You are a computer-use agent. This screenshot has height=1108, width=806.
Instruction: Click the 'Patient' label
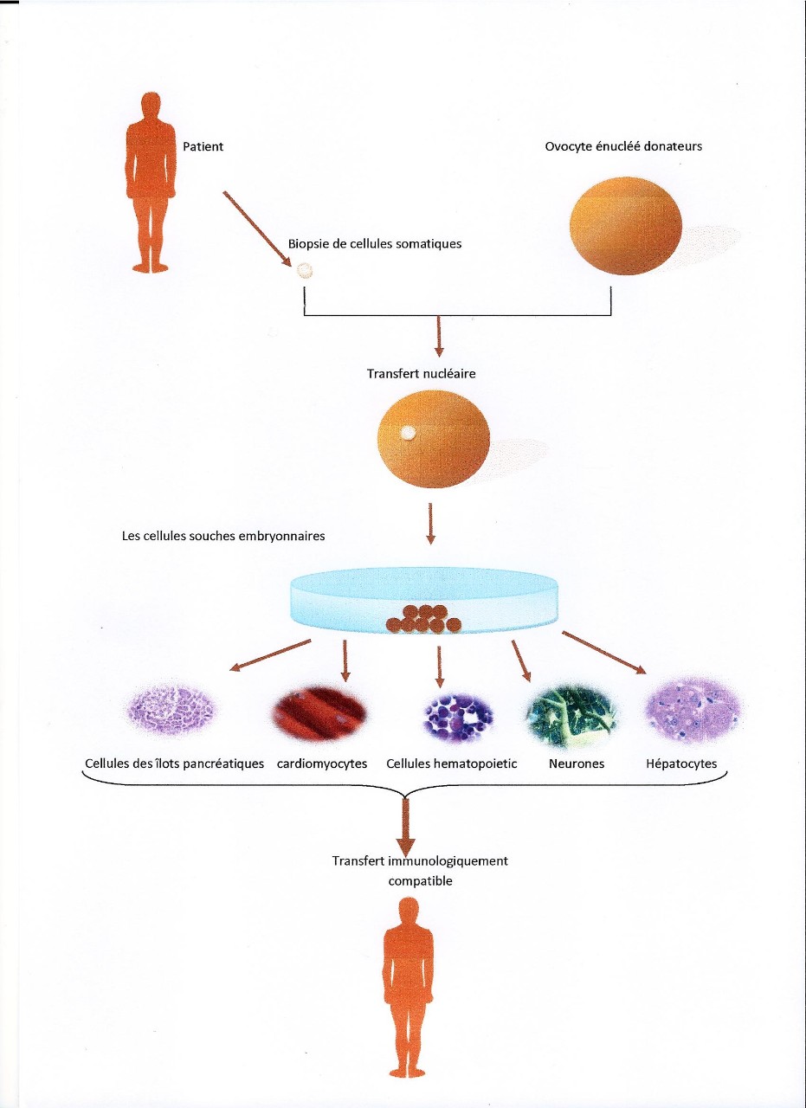coord(203,146)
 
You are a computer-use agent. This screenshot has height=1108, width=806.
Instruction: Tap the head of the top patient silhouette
coord(152,105)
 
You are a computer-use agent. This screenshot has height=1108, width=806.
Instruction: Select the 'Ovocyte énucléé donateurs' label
coord(623,146)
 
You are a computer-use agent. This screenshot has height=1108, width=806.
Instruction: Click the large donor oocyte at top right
coord(627,226)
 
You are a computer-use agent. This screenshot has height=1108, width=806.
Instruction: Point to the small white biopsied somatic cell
coord(305,271)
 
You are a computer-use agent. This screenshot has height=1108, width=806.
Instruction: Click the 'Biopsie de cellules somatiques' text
coord(375,244)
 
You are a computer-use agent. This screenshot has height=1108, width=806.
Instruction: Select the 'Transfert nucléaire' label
coord(421,375)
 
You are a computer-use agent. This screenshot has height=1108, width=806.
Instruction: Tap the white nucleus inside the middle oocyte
coord(407,433)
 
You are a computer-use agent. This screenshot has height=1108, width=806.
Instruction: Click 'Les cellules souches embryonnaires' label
coord(223,536)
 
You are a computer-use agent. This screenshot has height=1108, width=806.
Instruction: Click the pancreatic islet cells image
coord(171,715)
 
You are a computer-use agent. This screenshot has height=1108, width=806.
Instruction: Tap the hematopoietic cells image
coord(458,717)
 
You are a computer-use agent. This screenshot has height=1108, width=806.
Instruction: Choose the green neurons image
coord(572,717)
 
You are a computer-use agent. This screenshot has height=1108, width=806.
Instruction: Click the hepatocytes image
coord(692,712)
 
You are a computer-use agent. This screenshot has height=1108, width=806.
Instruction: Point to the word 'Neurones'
coord(577,764)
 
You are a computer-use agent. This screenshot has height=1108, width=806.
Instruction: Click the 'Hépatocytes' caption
coord(681,764)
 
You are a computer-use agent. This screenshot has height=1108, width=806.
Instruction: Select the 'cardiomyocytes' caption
coord(322,764)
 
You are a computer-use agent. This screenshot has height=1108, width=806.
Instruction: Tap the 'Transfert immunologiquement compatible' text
coord(421,871)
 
